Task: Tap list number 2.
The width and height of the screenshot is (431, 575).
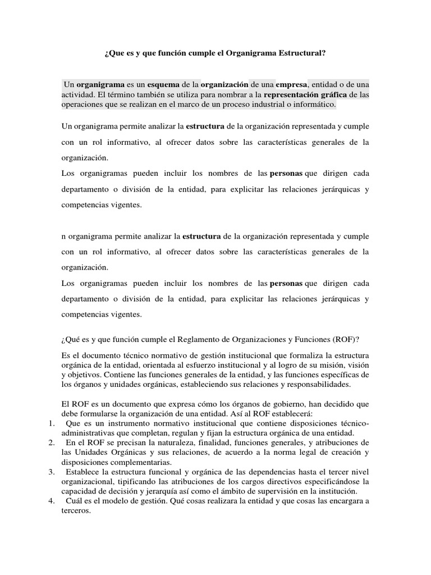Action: pos(49,443)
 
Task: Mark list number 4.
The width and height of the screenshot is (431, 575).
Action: pos(49,501)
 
